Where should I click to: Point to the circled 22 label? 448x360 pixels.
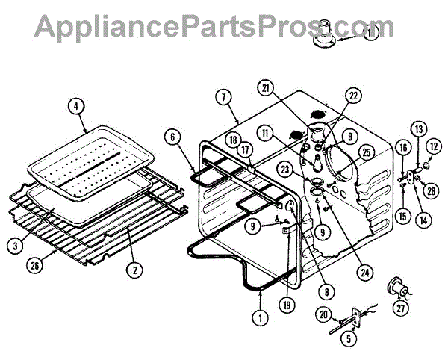pyautogui.click(x=352, y=95)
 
